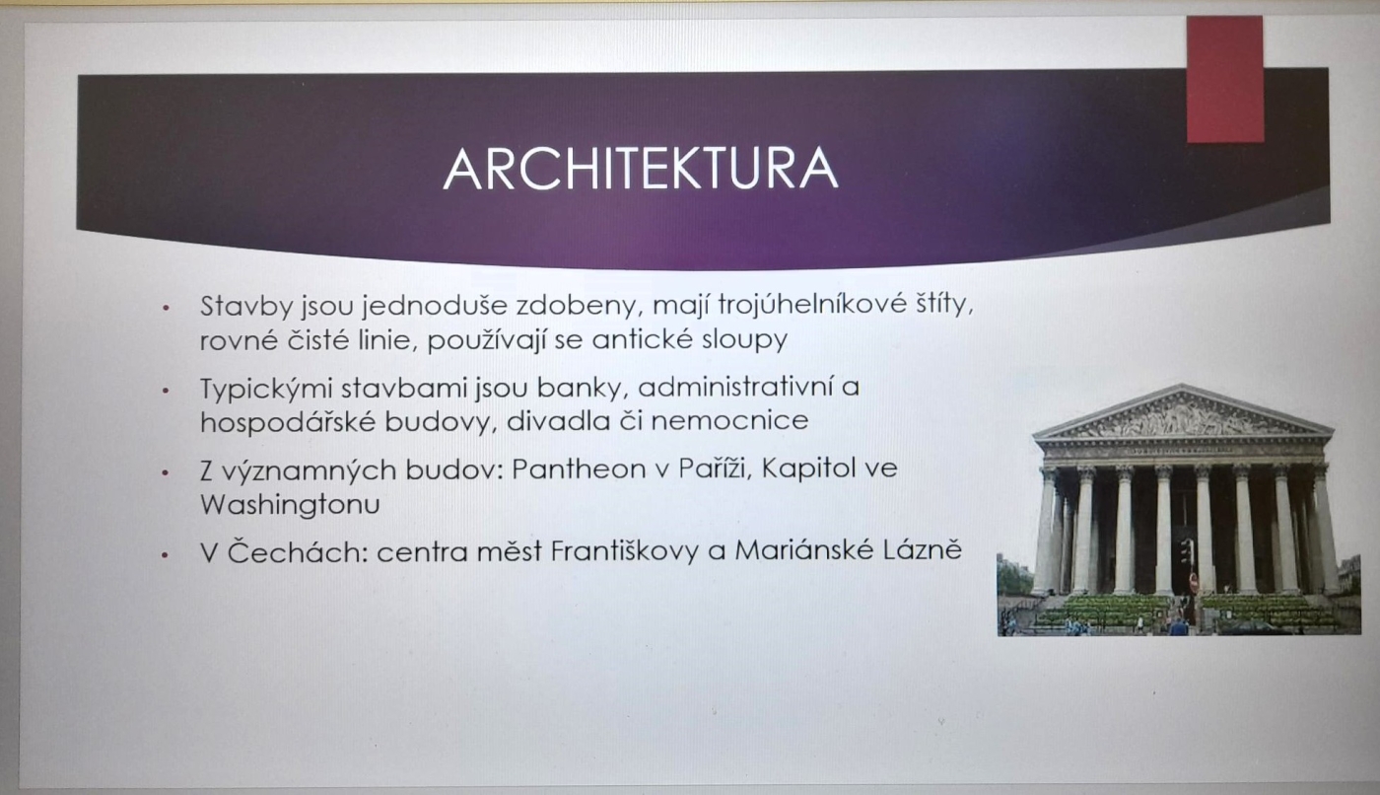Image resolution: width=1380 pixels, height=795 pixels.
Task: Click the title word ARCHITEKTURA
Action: click(x=641, y=169)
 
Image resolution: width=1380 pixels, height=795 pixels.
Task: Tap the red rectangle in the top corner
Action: click(x=1224, y=79)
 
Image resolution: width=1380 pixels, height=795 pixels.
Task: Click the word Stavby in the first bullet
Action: click(x=246, y=307)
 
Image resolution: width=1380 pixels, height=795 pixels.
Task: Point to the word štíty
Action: click(x=944, y=305)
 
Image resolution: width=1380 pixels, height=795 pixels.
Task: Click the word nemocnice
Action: click(x=730, y=421)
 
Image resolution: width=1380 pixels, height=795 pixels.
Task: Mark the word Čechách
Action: click(x=298, y=551)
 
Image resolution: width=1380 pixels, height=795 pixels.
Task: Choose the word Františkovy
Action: click(x=625, y=551)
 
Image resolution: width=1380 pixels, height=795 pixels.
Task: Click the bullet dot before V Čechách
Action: click(x=166, y=555)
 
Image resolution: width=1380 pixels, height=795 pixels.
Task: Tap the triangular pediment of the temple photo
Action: click(x=1183, y=412)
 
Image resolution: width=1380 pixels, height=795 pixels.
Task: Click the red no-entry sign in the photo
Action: click(x=1193, y=581)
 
